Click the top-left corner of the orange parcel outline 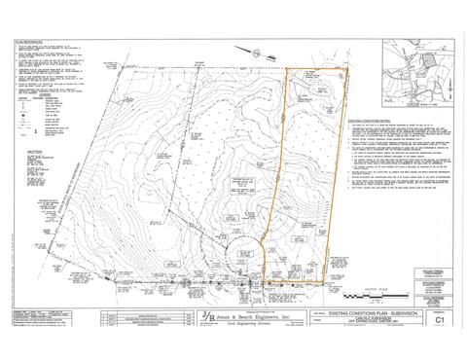[286, 69]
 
